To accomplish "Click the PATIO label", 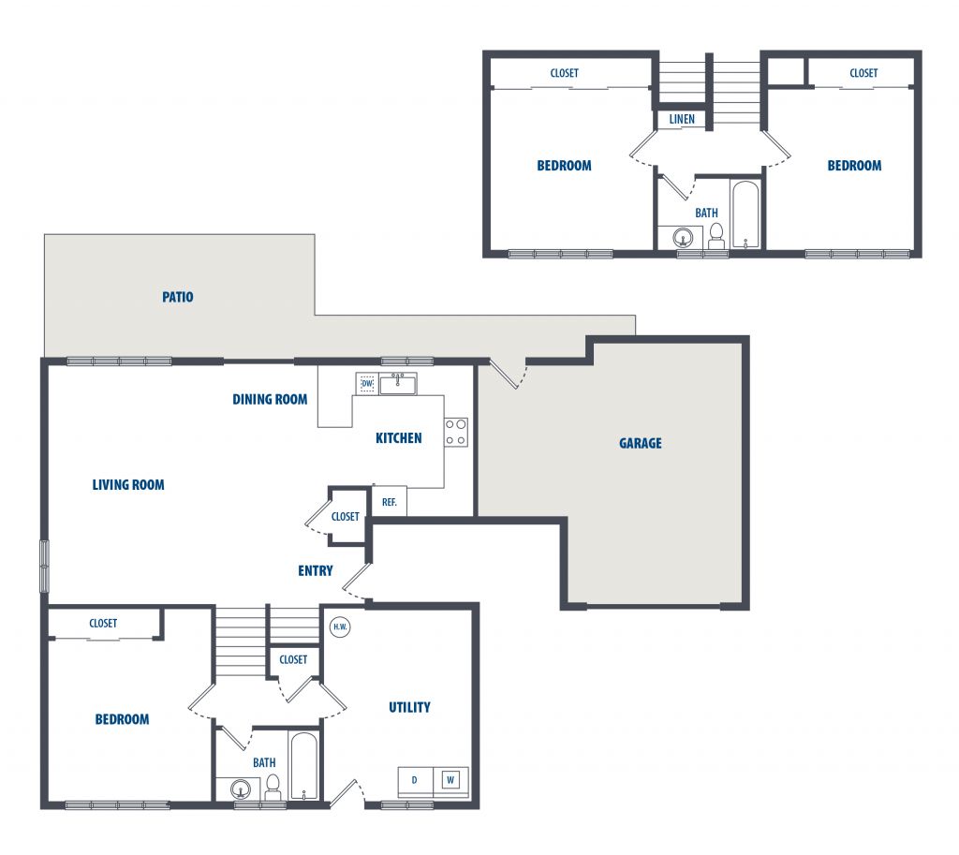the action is [177, 297].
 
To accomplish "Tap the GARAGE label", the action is [641, 443].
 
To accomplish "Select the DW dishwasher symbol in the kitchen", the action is [367, 383].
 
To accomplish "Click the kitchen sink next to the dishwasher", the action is [397, 384].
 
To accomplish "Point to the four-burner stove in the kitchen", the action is [456, 432].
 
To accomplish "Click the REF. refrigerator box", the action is [389, 502].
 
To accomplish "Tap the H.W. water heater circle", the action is [340, 627].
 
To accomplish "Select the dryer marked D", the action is [415, 780].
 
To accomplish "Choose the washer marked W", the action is [450, 780].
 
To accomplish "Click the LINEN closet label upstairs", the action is [682, 119].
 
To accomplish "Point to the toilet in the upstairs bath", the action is [716, 236].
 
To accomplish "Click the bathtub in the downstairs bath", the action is [303, 766].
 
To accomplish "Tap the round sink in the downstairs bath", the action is [241, 789].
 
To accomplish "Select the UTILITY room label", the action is [410, 708].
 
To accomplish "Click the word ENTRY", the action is [316, 571].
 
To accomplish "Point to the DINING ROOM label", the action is [270, 400].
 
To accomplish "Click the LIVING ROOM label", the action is [128, 485].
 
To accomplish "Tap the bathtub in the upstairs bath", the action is [745, 214].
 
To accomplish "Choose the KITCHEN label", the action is [399, 438].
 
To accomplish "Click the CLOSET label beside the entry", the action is [345, 517].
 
